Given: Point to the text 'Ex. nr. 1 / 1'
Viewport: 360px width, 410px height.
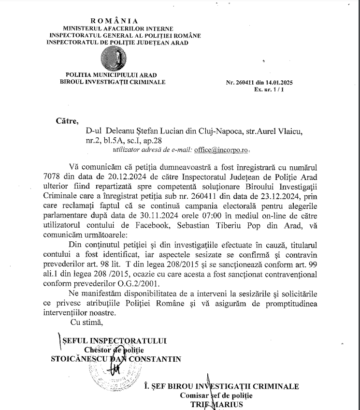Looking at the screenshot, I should tap(276, 90).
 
